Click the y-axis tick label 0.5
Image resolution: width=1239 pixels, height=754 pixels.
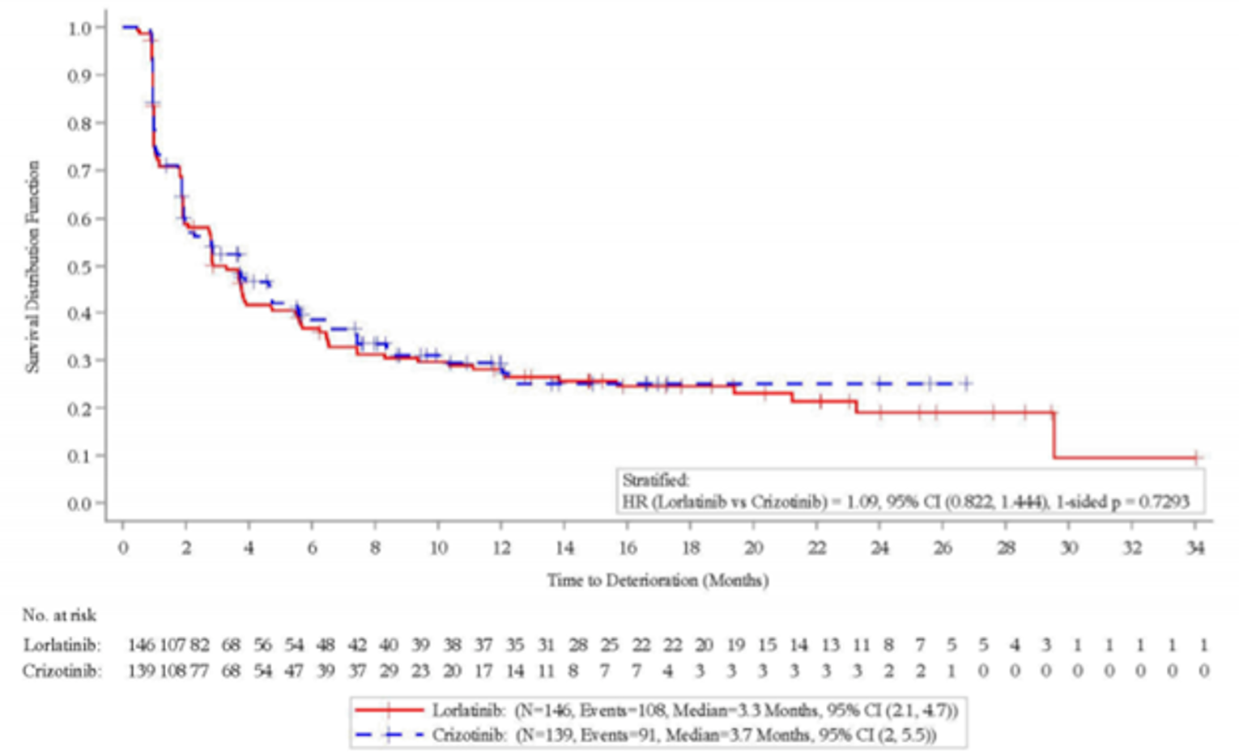click(81, 266)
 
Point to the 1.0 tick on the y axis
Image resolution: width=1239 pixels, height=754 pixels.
click(81, 28)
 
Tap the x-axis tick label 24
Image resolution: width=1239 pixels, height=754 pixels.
click(879, 549)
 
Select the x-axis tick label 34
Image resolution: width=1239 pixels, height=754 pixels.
click(1195, 549)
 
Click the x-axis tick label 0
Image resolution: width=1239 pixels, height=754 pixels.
click(123, 549)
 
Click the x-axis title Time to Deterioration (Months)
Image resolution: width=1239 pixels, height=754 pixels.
click(658, 580)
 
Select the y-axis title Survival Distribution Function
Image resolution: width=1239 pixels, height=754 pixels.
click(32, 266)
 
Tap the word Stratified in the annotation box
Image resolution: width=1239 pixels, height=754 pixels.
click(655, 481)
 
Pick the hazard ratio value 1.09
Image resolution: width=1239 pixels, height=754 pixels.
click(861, 502)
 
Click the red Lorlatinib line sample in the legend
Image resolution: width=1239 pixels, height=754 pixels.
click(390, 710)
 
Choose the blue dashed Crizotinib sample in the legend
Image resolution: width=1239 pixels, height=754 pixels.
click(390, 735)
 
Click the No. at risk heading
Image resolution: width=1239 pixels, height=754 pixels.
click(59, 615)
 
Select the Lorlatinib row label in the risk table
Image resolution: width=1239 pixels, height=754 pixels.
click(62, 646)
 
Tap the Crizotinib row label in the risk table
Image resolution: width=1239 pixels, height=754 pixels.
click(62, 671)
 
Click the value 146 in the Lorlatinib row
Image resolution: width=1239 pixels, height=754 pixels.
click(141, 646)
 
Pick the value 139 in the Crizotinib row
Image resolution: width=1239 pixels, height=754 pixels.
click(141, 671)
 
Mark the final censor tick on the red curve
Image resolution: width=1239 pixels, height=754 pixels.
click(1196, 458)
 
